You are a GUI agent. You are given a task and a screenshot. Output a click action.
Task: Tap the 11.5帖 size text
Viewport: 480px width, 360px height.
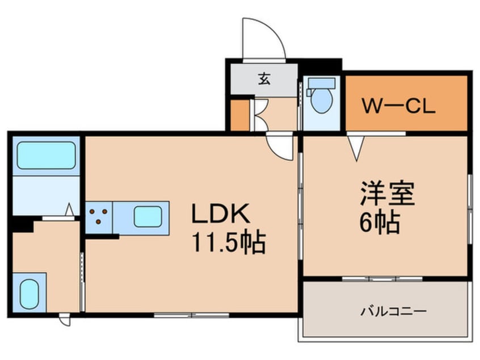click(x=228, y=244)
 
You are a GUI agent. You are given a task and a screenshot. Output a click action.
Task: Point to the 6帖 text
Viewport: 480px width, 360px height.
click(x=379, y=222)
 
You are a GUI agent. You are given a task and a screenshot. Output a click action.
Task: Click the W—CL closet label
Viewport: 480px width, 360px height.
click(x=399, y=106)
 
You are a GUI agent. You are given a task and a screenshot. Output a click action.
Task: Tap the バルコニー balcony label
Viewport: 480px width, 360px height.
click(x=385, y=312)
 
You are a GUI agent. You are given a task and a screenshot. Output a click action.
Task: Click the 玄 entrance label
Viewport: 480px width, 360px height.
click(x=264, y=79)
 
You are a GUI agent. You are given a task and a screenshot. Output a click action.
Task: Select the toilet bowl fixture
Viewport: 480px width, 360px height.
click(x=322, y=101)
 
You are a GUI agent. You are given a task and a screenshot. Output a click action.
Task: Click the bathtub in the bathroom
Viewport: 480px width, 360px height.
click(x=46, y=155)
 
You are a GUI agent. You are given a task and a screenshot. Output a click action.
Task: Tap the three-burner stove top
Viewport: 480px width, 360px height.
click(x=99, y=217)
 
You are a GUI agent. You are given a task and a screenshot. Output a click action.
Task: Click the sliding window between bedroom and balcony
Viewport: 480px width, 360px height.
click(x=382, y=278)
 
